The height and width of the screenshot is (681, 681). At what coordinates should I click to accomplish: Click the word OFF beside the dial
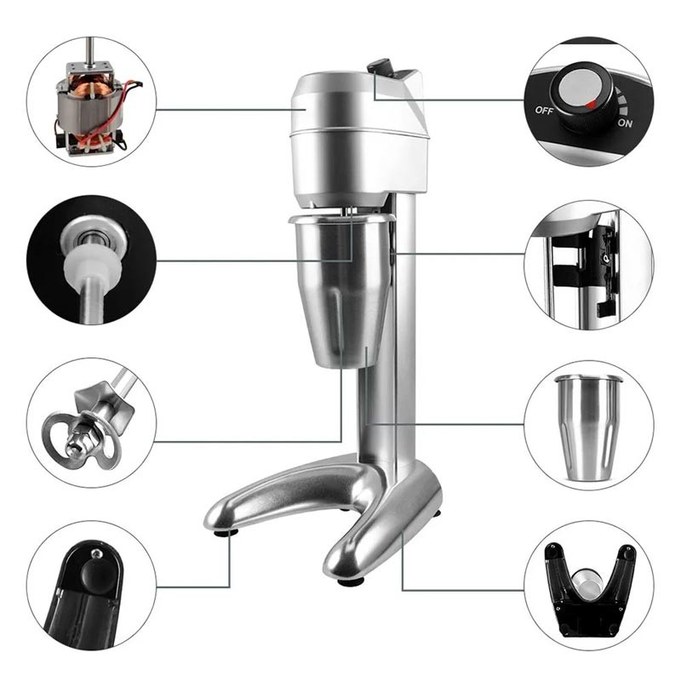(544, 111)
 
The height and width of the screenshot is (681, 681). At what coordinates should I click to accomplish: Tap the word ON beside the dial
(625, 123)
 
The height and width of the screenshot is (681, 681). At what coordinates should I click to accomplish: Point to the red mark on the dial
(591, 104)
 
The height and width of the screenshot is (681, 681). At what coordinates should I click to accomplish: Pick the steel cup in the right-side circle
(588, 428)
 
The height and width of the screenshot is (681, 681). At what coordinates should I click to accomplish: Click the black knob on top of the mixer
(379, 67)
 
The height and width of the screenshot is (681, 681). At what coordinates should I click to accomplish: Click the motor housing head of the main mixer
(358, 139)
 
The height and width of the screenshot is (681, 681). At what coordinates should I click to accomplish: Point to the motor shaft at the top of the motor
(90, 51)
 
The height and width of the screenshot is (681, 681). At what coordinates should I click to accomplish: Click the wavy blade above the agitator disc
(103, 402)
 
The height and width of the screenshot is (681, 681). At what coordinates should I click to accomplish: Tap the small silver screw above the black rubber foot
(96, 553)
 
